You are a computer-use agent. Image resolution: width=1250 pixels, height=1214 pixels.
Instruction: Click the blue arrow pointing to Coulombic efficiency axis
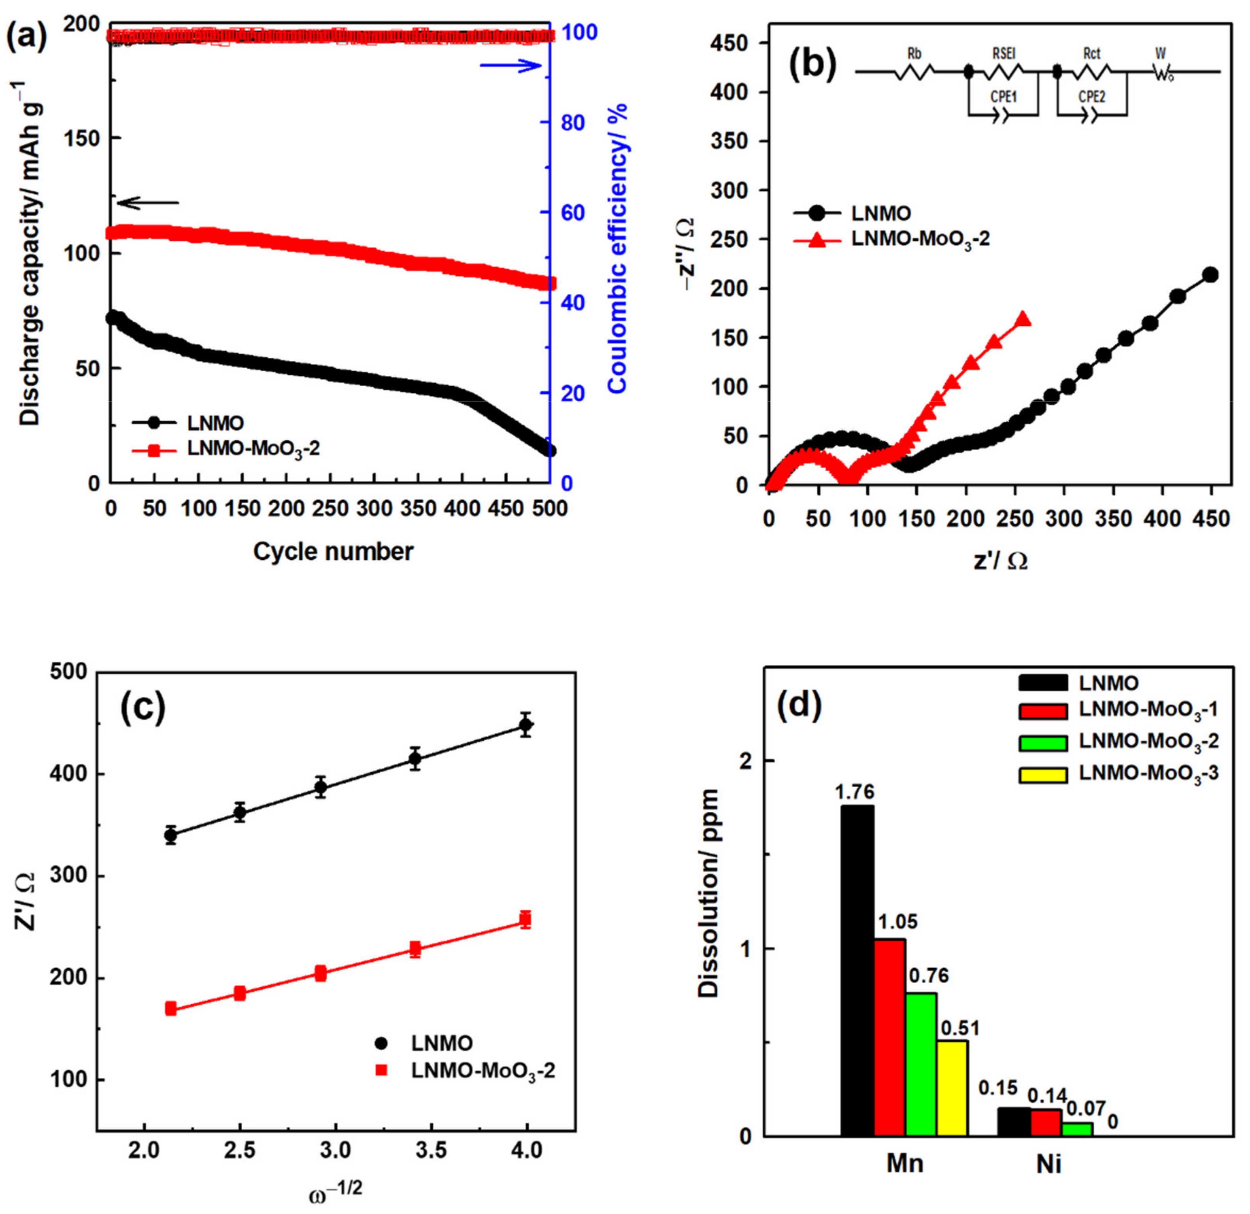click(511, 66)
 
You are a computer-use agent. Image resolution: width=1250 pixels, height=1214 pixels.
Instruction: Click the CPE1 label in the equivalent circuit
click(1003, 97)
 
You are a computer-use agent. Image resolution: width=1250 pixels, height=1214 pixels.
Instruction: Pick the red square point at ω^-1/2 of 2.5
click(240, 993)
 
